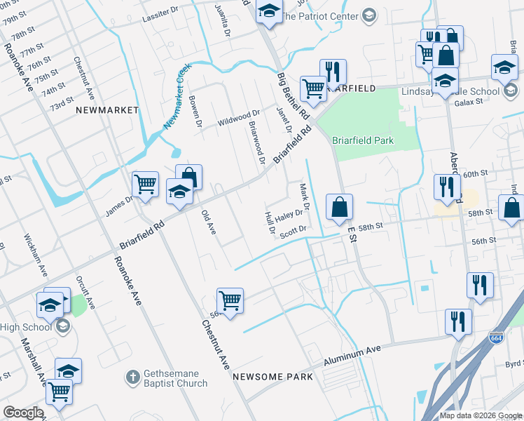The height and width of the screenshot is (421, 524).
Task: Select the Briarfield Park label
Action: pyautogui.click(x=363, y=140)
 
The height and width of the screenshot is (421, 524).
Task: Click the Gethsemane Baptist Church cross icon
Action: pyautogui.click(x=132, y=377)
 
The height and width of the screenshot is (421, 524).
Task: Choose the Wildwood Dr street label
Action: pyautogui.click(x=238, y=115)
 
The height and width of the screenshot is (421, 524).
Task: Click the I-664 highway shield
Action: pyautogui.click(x=496, y=337)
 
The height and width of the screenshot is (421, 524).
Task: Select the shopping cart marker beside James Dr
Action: pyautogui.click(x=145, y=185)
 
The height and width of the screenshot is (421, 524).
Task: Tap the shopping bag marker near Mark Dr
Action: pyautogui.click(x=339, y=207)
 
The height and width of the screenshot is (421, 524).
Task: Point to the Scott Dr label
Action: pyautogui.click(x=293, y=230)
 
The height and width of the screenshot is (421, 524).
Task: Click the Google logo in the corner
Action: pyautogui.click(x=22, y=413)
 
